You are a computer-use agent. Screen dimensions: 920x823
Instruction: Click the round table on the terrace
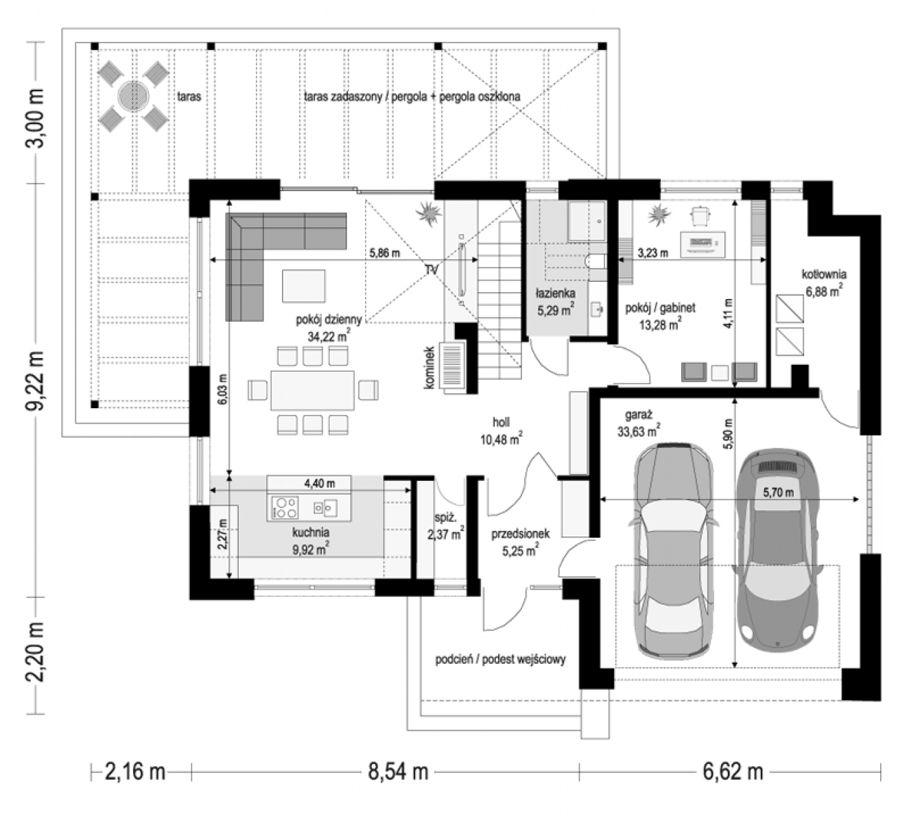click(x=133, y=96)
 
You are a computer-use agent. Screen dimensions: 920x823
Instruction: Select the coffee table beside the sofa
click(x=303, y=286)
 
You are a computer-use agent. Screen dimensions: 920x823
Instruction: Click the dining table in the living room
click(x=312, y=390)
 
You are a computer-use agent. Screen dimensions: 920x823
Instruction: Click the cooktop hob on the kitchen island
click(x=285, y=508)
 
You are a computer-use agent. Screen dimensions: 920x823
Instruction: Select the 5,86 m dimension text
click(x=385, y=252)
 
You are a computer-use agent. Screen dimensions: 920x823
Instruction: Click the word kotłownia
click(x=824, y=274)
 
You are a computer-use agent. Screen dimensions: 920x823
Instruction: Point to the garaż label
click(x=638, y=414)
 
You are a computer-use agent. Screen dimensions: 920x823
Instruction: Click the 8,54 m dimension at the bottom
click(x=398, y=772)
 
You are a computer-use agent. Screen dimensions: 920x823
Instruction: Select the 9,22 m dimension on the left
click(x=36, y=381)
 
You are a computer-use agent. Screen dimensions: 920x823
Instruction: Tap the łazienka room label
click(x=555, y=294)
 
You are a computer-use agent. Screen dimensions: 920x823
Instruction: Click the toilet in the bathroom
click(x=595, y=261)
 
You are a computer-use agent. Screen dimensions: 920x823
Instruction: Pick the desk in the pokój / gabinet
click(x=702, y=245)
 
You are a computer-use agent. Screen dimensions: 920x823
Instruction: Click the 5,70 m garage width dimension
click(x=778, y=492)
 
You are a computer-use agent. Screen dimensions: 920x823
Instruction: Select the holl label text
click(x=501, y=422)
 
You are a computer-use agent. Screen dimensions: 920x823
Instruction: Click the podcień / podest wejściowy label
click(x=500, y=659)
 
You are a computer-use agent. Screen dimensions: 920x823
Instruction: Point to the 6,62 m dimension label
click(x=733, y=772)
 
